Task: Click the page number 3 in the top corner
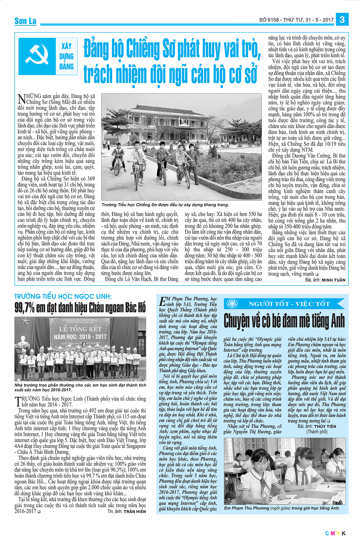[x=342, y=19]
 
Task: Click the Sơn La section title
[x=25, y=21]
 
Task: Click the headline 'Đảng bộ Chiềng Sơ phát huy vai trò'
[x=172, y=48]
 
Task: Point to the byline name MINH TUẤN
[x=333, y=280]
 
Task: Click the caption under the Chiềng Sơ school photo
[x=165, y=205]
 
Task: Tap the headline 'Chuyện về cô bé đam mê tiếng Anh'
[x=284, y=320]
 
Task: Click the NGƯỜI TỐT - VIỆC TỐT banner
[x=289, y=304]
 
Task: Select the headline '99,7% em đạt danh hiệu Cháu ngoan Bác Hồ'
[x=80, y=307]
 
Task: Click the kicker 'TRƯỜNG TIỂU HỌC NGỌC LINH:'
[x=63, y=296]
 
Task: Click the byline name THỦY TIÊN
[x=325, y=426]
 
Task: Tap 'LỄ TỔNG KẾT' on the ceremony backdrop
[x=80, y=329]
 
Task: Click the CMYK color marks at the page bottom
[x=335, y=533]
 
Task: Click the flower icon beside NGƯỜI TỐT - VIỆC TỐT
[x=232, y=304]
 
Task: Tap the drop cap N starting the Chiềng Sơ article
[x=22, y=99]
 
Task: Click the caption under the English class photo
[x=282, y=508]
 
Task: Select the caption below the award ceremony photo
[x=80, y=387]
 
